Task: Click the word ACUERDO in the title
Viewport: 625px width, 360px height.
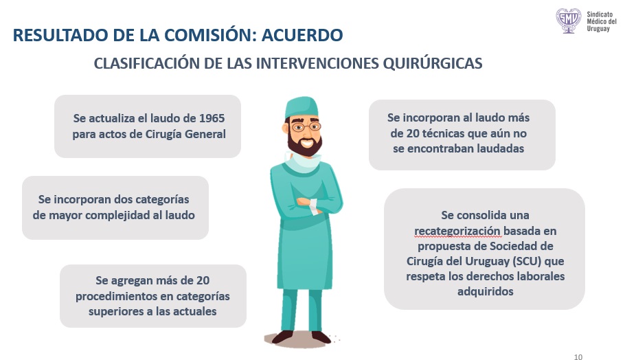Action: coord(302,35)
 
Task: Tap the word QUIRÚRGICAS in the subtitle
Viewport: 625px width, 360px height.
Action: coord(433,63)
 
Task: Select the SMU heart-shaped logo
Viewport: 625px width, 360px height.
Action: coord(569,21)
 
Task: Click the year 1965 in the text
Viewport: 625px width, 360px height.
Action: coord(212,118)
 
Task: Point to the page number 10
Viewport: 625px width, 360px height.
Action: coord(578,357)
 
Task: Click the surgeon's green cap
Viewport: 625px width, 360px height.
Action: coord(302,106)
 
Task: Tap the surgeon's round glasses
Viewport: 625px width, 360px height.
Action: coord(306,127)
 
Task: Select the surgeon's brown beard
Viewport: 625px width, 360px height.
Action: coord(304,144)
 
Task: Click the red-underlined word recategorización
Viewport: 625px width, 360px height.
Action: coord(457,232)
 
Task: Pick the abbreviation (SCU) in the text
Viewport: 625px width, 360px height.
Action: coord(527,261)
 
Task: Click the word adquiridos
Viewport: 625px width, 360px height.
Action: coord(485,291)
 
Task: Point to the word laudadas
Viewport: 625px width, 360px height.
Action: coord(501,148)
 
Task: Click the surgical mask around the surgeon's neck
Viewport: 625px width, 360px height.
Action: coord(304,162)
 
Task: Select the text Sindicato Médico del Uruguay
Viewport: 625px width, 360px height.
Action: coord(602,21)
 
